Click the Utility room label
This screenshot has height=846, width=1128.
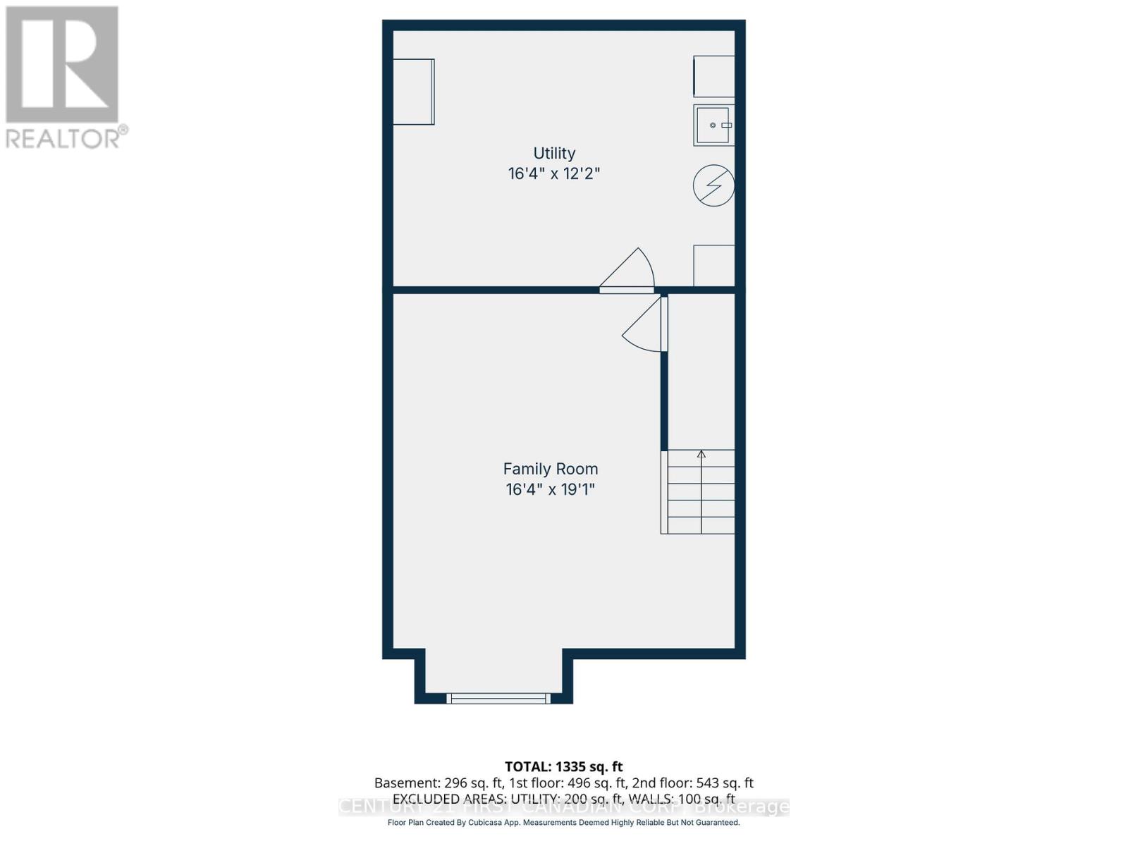[554, 153]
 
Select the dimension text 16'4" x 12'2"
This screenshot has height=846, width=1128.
[554, 173]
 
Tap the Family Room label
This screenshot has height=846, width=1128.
[550, 469]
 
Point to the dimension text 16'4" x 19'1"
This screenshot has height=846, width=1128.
[550, 489]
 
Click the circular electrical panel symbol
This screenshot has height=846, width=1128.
[713, 186]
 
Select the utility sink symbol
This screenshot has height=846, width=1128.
[713, 125]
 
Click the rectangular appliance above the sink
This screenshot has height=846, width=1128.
[713, 76]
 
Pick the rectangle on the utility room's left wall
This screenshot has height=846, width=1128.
[413, 92]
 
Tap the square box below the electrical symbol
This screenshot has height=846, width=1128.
[713, 265]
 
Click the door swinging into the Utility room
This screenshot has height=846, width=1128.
[630, 271]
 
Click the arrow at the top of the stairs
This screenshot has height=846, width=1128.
[701, 455]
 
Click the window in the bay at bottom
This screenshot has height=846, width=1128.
[498, 699]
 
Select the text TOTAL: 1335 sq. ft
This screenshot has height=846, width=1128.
[563, 766]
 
